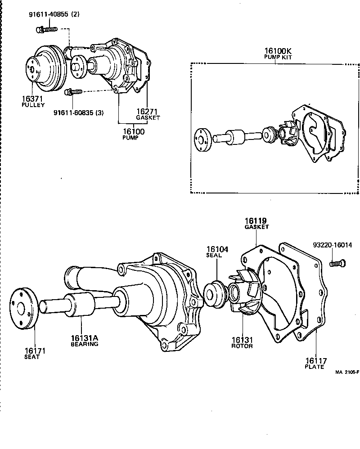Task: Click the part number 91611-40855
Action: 53,14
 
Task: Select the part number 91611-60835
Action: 78,113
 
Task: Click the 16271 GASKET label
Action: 148,114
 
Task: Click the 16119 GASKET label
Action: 256,224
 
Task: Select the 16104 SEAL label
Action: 217,252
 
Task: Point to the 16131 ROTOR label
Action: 242,343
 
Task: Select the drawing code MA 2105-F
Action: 346,372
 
